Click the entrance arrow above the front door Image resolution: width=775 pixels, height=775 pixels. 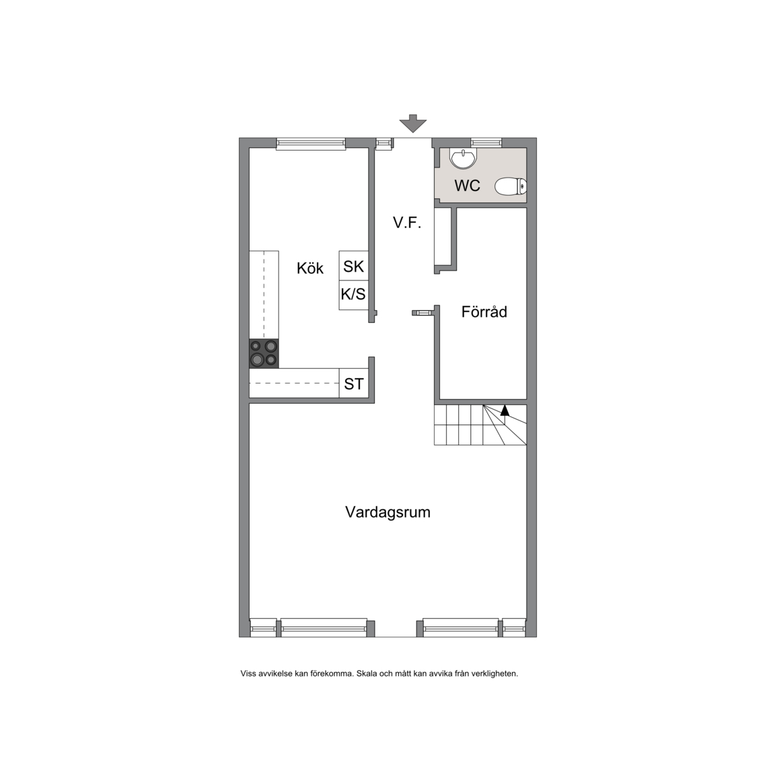tap(412, 124)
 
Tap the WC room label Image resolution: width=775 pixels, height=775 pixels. tap(467, 186)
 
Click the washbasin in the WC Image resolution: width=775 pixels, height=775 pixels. tap(463, 159)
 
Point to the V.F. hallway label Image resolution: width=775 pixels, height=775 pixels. tap(407, 223)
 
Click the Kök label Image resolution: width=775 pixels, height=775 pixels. tap(310, 268)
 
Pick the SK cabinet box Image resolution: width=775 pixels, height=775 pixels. tap(353, 266)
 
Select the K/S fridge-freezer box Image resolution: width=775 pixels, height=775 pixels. tap(353, 295)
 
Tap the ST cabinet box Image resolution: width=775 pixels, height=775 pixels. tap(353, 383)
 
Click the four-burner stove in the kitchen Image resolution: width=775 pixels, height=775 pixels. tap(264, 353)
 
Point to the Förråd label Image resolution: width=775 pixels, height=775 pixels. tap(484, 312)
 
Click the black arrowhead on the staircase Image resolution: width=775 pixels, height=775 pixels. tap(505, 410)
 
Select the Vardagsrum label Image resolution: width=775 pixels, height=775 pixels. tap(387, 512)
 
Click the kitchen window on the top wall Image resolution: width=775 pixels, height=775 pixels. tap(311, 143)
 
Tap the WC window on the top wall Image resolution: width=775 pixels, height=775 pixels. tap(486, 143)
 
